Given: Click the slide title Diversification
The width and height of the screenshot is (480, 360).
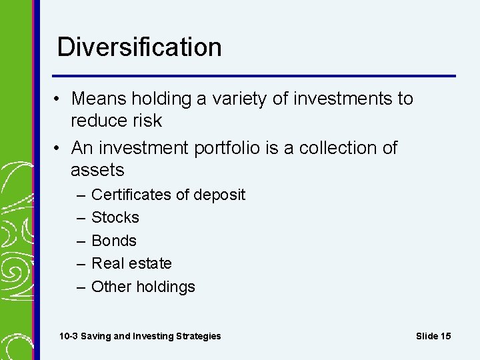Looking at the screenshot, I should [139, 47].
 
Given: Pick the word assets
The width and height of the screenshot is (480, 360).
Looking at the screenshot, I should [97, 170].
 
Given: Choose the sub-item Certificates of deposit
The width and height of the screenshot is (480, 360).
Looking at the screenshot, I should [168, 195].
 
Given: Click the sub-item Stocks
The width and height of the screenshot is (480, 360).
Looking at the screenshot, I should [115, 217].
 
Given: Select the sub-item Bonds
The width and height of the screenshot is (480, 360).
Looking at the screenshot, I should [114, 241].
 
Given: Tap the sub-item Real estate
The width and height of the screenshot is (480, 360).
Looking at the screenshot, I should [131, 263].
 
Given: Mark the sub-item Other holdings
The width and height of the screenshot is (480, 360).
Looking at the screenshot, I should [143, 287].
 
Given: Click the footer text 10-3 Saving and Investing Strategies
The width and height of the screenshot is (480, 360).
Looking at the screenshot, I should [140, 336].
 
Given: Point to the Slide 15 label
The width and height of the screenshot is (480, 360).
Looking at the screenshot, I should [433, 336].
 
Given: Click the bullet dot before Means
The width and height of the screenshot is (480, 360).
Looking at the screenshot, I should [59, 99].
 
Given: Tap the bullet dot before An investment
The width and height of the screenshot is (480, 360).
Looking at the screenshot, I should [59, 148].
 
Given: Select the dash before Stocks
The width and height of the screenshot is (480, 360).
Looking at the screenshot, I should [80, 218].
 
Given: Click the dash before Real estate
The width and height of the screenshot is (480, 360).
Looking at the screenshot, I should [80, 264].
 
